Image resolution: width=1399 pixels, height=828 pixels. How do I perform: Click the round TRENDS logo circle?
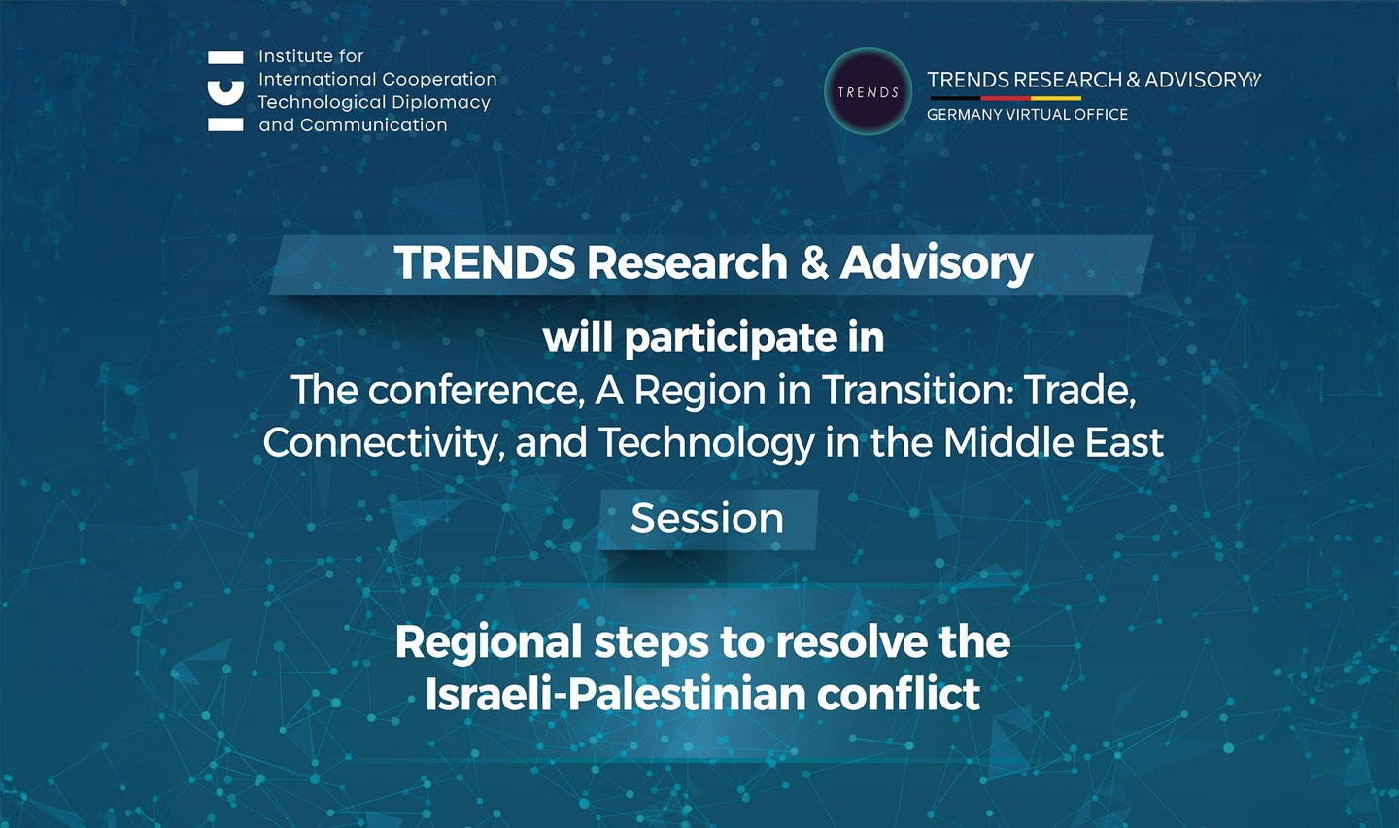[868, 91]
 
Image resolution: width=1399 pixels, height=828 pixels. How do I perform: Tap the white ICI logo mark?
[225, 90]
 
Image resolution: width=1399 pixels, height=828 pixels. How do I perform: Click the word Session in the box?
[707, 518]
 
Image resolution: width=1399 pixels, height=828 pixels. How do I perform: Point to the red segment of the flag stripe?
[1006, 98]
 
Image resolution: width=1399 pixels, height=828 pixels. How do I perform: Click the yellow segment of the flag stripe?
[1055, 98]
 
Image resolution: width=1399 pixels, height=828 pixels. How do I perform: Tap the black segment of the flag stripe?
[956, 98]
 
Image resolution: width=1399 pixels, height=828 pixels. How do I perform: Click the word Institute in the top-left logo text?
[296, 56]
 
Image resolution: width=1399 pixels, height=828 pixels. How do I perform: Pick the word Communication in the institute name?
[373, 125]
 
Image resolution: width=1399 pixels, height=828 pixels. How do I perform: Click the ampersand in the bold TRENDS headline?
[814, 262]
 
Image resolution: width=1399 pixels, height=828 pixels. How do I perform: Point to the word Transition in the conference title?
[919, 390]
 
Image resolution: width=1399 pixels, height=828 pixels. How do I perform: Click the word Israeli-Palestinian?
[615, 694]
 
